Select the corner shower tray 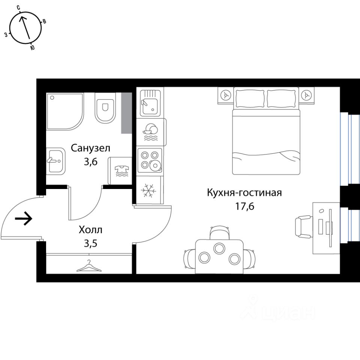64,111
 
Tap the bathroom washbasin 55,160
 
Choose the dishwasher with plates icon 151,132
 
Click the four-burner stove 150,160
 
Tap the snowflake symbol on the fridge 148,190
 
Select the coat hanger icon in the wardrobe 89,266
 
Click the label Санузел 90,148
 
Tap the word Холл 90,229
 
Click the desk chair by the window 304,227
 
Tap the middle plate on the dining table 219,248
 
